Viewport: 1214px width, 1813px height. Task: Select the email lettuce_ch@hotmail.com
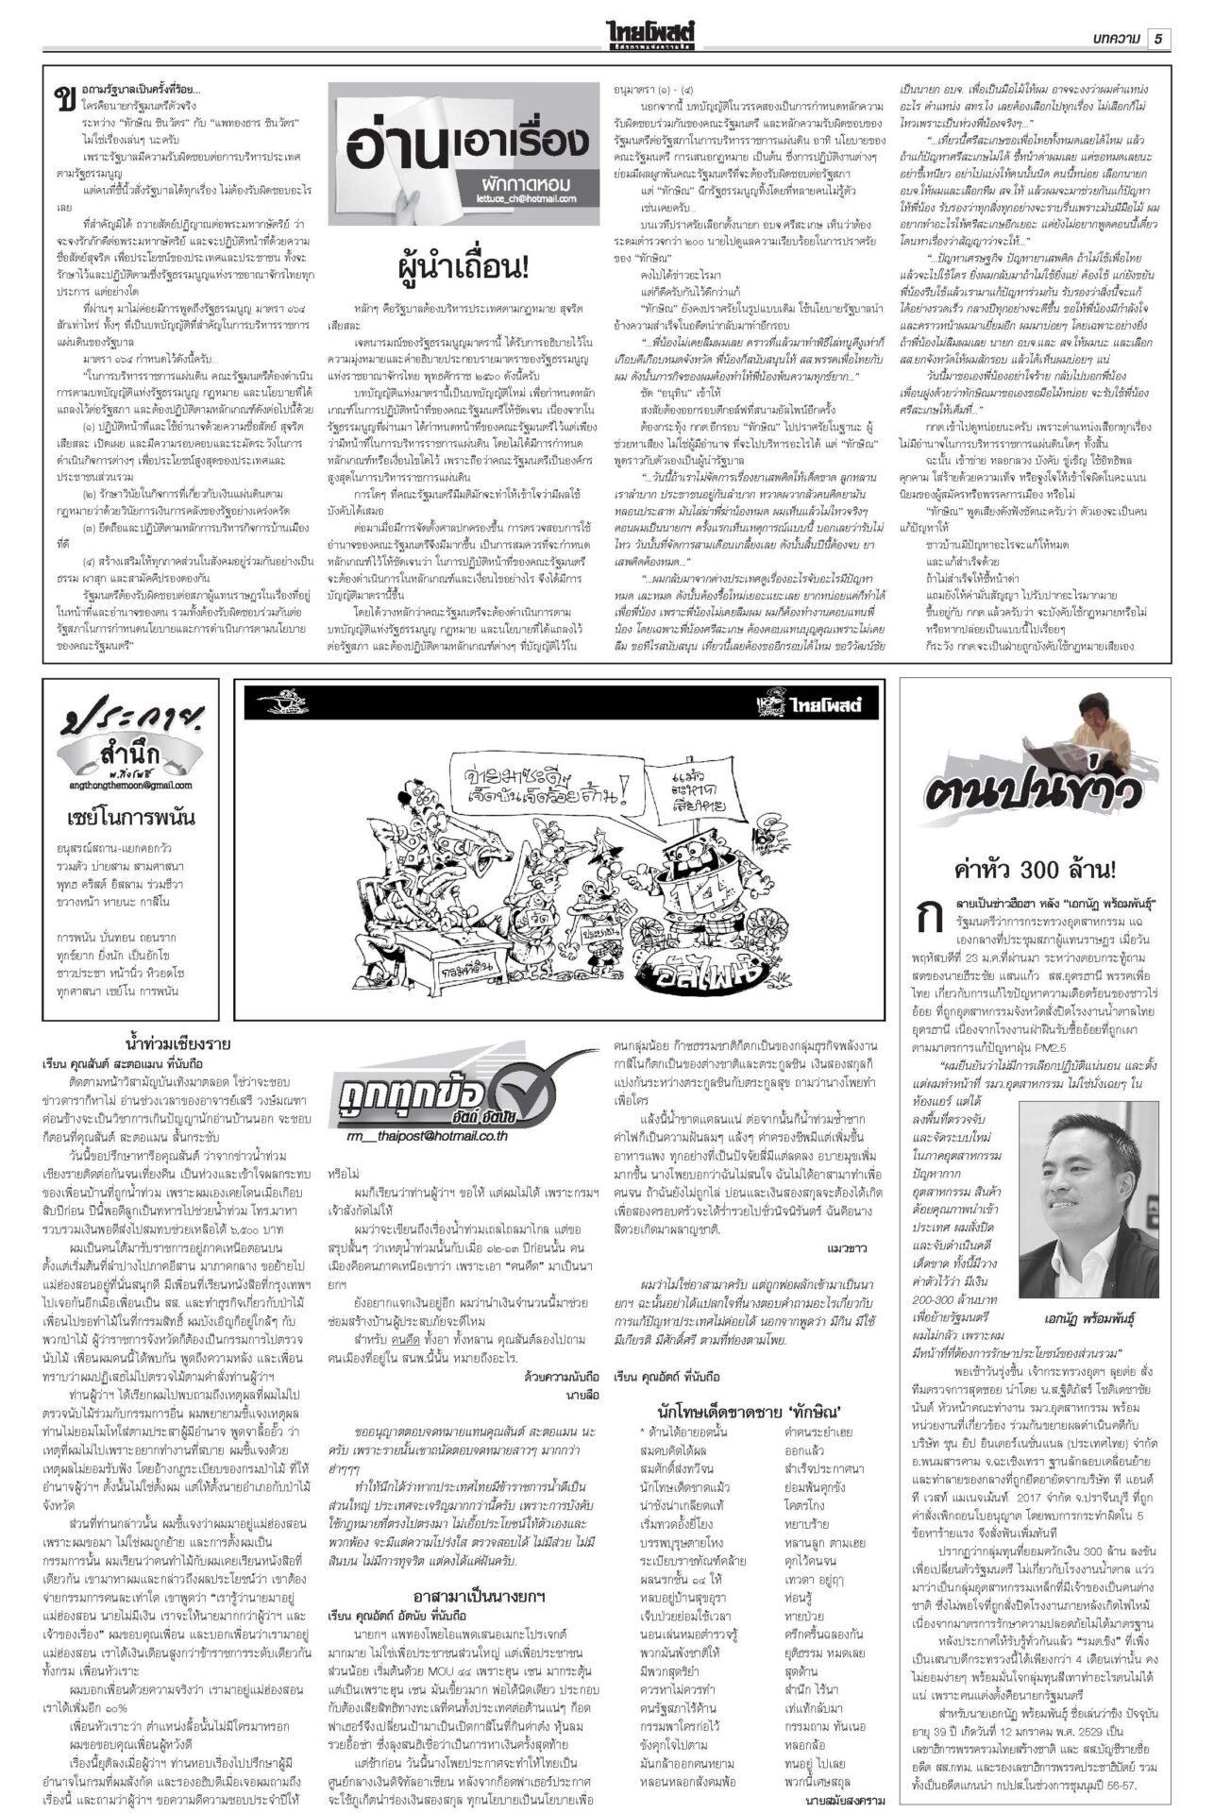pos(524,199)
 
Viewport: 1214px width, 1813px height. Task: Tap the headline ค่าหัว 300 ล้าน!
pos(1036,869)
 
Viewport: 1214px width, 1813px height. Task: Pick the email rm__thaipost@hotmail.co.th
pos(427,1136)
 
